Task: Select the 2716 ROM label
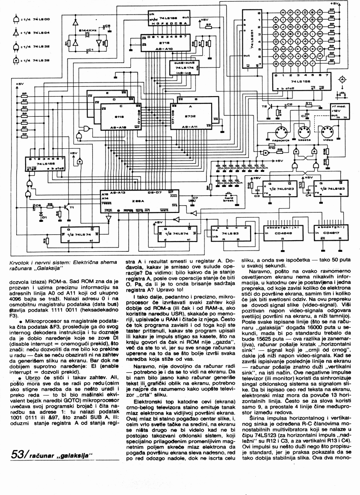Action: (x=164, y=44)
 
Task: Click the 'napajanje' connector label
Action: (x=275, y=139)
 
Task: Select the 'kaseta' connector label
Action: (x=304, y=139)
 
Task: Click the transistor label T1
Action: (x=72, y=208)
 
